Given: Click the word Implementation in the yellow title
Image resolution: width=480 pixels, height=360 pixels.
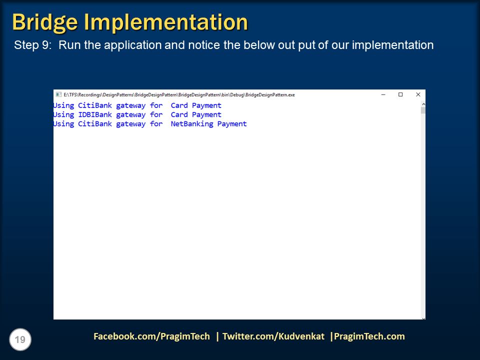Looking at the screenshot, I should pyautogui.click(x=165, y=22).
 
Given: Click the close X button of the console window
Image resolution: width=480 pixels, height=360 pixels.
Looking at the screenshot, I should pyautogui.click(x=418, y=94).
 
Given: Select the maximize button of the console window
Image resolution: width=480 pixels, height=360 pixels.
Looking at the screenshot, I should pyautogui.click(x=400, y=94).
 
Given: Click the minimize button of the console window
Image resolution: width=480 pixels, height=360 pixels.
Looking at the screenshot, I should pyautogui.click(x=383, y=94).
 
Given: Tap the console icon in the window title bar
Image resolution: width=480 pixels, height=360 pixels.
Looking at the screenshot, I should pyautogui.click(x=58, y=94).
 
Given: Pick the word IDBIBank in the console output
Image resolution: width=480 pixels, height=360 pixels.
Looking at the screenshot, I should pyautogui.click(x=95, y=114).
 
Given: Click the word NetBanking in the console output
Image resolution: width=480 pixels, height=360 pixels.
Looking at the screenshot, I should pyautogui.click(x=192, y=124).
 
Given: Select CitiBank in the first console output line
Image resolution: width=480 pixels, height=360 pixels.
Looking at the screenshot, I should pyautogui.click(x=95, y=105).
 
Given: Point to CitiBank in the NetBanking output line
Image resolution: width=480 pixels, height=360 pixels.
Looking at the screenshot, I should pyautogui.click(x=95, y=124).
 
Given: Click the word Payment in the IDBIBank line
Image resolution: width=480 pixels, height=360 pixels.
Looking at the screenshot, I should pyautogui.click(x=206, y=114).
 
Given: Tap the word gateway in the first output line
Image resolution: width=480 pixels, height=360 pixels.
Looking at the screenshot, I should pyautogui.click(x=131, y=105).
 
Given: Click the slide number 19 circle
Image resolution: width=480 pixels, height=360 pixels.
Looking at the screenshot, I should pyautogui.click(x=20, y=340).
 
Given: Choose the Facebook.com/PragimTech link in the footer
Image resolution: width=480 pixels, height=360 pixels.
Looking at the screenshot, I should pyautogui.click(x=151, y=336).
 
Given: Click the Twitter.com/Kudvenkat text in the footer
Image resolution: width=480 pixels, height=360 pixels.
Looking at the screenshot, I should pyautogui.click(x=273, y=336).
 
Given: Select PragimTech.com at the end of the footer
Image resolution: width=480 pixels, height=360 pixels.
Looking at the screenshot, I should pyautogui.click(x=369, y=336).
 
